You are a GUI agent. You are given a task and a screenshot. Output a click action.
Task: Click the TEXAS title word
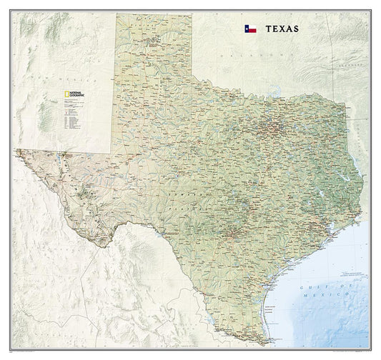tap(279, 30)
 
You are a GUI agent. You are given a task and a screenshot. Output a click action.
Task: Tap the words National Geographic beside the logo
tap(70, 93)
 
